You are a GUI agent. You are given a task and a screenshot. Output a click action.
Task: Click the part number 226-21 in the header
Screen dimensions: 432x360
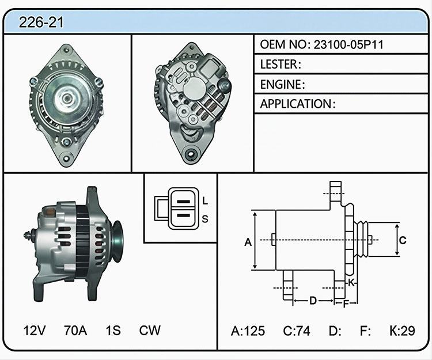click(x=41, y=22)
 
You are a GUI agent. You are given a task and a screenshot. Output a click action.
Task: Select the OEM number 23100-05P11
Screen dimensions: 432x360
click(x=348, y=44)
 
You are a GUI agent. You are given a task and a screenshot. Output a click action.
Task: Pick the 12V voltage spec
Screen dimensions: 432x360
click(x=35, y=330)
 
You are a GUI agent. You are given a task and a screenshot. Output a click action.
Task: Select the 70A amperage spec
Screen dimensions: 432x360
click(x=75, y=330)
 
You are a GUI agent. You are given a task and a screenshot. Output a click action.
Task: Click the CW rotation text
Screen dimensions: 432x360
click(x=150, y=330)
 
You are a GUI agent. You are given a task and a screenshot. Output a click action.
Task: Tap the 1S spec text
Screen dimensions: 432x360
click(x=113, y=330)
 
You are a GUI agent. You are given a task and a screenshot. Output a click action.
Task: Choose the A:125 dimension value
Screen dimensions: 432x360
click(x=248, y=331)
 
